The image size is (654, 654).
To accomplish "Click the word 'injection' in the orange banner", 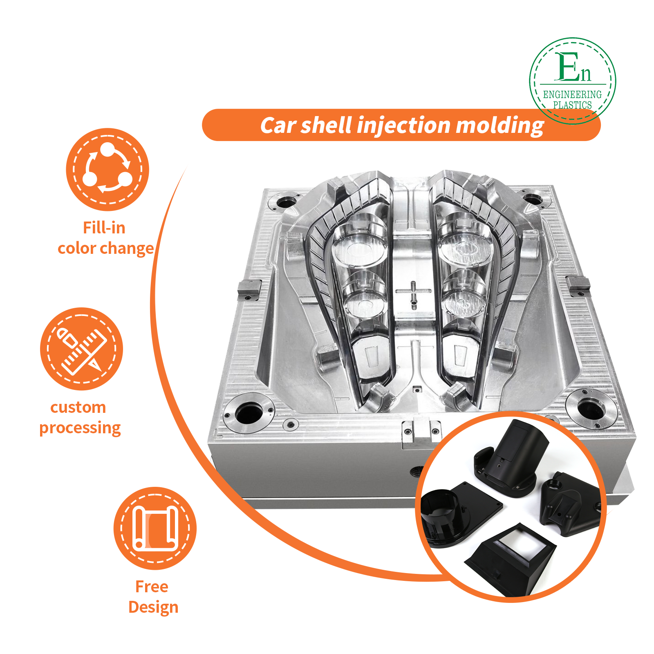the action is pyautogui.click(x=403, y=125).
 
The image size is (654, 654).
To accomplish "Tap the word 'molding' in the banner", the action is pyautogui.click(x=499, y=125).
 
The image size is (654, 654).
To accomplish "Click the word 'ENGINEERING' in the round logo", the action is pyautogui.click(x=572, y=94).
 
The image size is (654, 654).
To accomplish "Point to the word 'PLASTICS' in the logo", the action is pyautogui.click(x=572, y=105).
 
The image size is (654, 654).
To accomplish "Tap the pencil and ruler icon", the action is pyautogui.click(x=82, y=349).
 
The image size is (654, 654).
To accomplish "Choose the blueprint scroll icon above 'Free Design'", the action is pyautogui.click(x=155, y=528).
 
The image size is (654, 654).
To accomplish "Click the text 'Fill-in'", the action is pyautogui.click(x=104, y=228).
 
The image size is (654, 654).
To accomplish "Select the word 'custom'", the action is pyautogui.click(x=78, y=408).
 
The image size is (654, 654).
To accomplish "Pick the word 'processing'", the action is pyautogui.click(x=80, y=428).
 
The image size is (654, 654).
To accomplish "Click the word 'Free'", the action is pyautogui.click(x=152, y=587).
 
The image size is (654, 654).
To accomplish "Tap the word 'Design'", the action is pyautogui.click(x=153, y=607).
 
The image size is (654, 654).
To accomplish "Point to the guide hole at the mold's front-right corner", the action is pyautogui.click(x=590, y=408).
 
